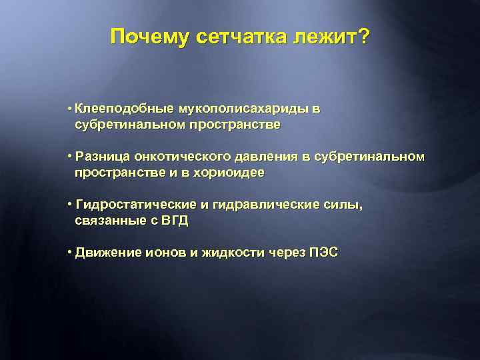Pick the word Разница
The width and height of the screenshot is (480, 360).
103,157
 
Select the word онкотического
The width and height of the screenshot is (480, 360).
181,157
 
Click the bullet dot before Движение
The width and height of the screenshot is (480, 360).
70,253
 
